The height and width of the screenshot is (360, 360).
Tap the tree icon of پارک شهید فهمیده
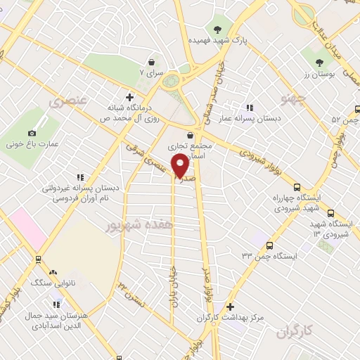219,30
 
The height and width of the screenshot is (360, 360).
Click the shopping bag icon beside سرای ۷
151,62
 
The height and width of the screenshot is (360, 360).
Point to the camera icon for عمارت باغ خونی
32,134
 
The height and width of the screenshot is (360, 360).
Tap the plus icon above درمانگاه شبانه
129,97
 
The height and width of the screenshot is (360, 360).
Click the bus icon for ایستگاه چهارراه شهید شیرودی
297,188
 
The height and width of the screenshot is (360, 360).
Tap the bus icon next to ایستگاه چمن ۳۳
270,245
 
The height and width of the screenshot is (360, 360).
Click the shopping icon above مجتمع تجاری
190,136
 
